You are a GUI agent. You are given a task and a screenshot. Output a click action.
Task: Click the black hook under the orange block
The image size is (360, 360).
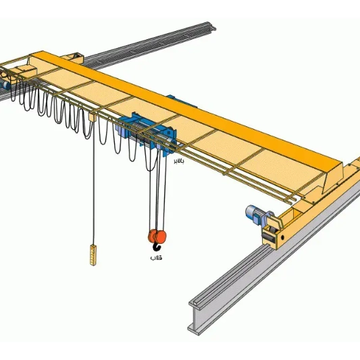(x=156, y=247)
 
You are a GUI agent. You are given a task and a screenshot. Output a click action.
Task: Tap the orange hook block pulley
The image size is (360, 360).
(x=157, y=236)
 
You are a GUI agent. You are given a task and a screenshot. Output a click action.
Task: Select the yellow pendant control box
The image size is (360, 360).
(x=93, y=255)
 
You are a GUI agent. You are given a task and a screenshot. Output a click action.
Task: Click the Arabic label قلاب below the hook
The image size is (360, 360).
(x=156, y=257)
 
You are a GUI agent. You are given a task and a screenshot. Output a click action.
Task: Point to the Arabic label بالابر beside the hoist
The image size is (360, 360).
(x=178, y=161)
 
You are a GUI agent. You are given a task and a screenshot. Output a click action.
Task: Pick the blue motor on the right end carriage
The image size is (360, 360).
(x=254, y=214)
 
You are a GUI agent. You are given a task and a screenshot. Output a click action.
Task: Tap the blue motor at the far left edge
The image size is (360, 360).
(x=5, y=85)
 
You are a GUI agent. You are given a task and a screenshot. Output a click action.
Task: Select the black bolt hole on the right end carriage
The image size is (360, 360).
(x=282, y=237)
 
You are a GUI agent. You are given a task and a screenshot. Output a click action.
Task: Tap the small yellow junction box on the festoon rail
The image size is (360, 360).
(x=93, y=118)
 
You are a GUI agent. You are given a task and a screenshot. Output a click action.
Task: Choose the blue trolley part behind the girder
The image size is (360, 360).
(x=182, y=101)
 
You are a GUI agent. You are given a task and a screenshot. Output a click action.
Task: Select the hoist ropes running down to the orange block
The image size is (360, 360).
(x=158, y=189)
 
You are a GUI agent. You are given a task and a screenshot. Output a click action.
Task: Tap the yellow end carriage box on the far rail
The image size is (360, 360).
(x=74, y=58)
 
